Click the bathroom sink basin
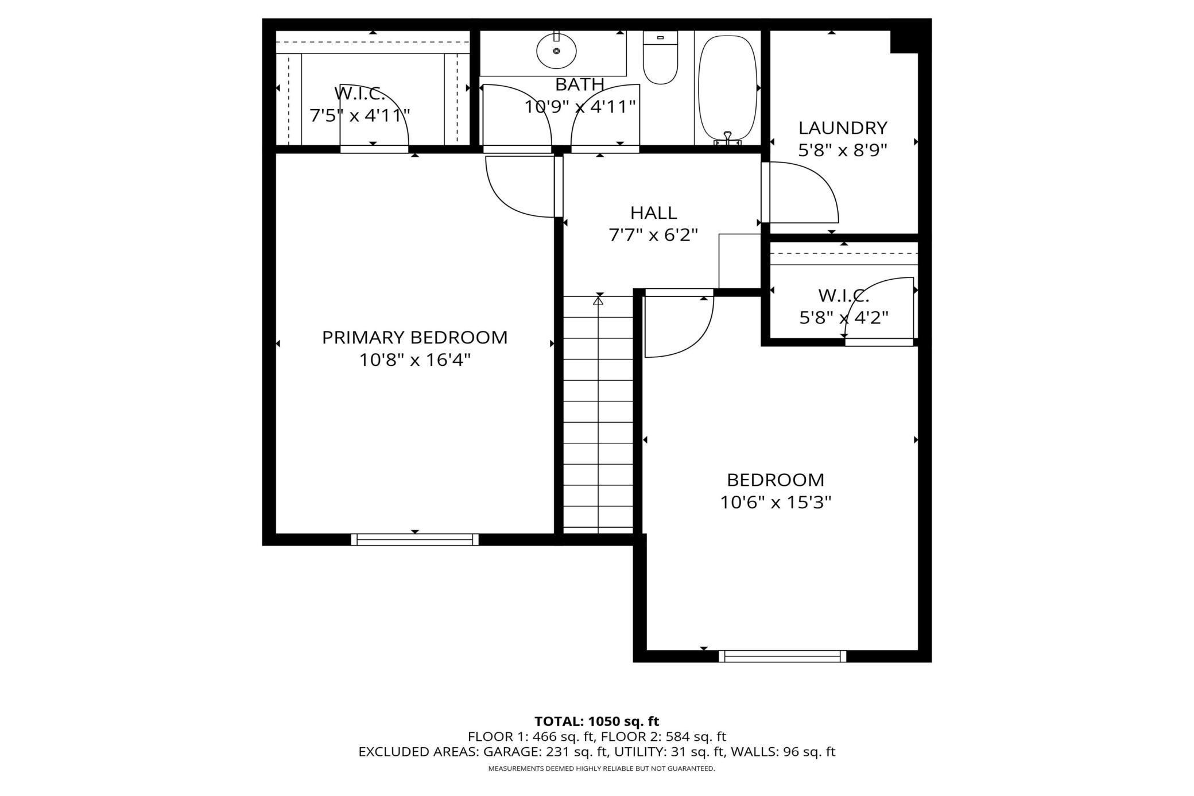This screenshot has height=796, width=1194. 556,51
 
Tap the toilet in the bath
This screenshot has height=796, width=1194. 660,57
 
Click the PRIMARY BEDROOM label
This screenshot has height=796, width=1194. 414,337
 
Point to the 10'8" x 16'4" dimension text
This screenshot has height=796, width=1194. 414,360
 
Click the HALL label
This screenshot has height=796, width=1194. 653,212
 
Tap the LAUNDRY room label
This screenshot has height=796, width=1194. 843,127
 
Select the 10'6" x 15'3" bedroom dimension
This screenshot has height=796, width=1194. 776,503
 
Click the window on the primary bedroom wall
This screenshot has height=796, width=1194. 414,539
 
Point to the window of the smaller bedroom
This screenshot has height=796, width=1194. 782,656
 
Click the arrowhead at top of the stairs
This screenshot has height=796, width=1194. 599,299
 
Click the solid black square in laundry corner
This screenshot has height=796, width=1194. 904,41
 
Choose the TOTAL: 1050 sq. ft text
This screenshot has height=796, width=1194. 596,721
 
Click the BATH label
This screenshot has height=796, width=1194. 580,84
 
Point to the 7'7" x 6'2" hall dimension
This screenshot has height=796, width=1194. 653,235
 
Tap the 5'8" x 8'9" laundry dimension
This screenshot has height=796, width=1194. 843,150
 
